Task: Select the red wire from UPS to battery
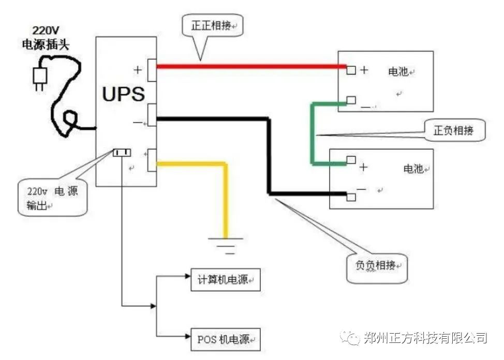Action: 248,66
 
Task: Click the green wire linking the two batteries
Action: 313,134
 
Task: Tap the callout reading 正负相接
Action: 454,130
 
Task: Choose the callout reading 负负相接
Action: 376,266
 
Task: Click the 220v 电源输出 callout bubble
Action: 51,198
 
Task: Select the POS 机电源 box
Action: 225,340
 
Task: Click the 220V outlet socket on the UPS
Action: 122,152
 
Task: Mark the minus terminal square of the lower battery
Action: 351,197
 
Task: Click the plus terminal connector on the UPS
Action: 152,70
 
